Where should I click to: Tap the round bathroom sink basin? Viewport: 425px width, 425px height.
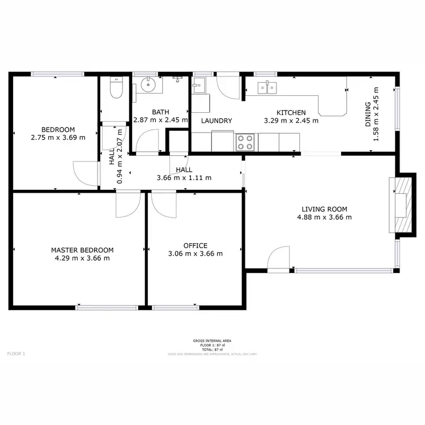pyautogui.click(x=149, y=86)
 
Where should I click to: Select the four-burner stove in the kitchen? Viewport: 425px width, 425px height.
pyautogui.click(x=245, y=142)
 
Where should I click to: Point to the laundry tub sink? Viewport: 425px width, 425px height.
pyautogui.click(x=199, y=87)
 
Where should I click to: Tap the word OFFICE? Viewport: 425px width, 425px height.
pyautogui.click(x=195, y=245)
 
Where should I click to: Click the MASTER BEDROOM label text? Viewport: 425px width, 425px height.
pyautogui.click(x=82, y=250)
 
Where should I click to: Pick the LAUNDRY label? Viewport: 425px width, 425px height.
pyautogui.click(x=216, y=121)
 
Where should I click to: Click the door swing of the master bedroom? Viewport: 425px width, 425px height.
pyautogui.click(x=126, y=205)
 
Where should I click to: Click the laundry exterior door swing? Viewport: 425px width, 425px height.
pyautogui.click(x=229, y=86)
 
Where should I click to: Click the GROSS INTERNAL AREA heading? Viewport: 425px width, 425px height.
pyautogui.click(x=212, y=341)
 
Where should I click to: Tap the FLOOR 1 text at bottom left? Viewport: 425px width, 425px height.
pyautogui.click(x=16, y=354)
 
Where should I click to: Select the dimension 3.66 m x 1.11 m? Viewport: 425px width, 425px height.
pyautogui.click(x=184, y=177)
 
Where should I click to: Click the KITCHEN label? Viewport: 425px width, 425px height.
pyautogui.click(x=291, y=113)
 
